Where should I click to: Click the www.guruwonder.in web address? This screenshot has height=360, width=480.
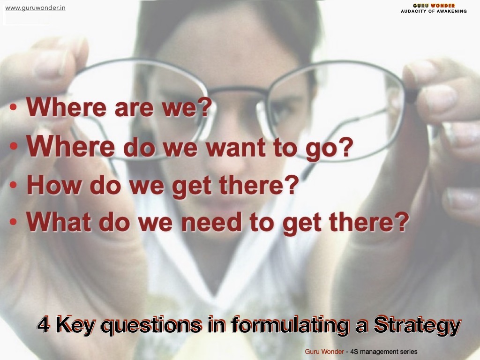(35, 8)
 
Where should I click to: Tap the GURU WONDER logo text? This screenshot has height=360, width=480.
(434, 6)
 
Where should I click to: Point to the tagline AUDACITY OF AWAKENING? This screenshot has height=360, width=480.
(434, 11)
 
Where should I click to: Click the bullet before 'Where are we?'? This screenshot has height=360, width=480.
(13, 107)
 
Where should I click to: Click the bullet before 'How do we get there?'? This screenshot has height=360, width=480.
(13, 185)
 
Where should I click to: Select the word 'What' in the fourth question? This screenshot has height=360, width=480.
(59, 221)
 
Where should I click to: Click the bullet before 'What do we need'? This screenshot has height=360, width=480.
(13, 222)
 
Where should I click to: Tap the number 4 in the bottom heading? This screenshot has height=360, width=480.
(44, 325)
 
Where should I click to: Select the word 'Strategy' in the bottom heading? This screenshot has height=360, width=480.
(417, 326)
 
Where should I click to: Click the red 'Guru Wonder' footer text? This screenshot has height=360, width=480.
(324, 352)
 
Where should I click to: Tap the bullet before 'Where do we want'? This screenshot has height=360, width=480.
(13, 146)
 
